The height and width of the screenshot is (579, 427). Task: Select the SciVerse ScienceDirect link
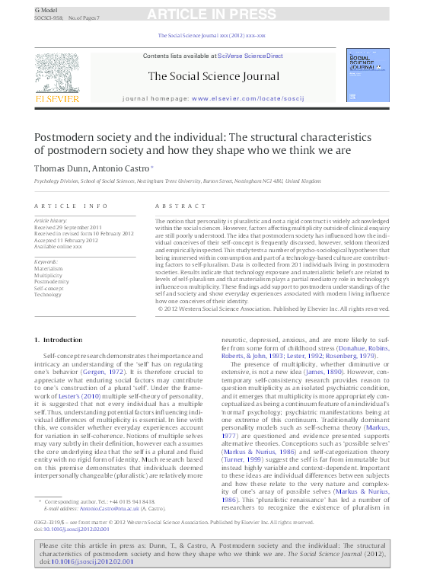point(250,56)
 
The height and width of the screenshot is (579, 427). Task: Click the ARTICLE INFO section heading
point(65,206)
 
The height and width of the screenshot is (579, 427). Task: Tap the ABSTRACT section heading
point(180,206)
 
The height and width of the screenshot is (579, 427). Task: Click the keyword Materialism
point(49,268)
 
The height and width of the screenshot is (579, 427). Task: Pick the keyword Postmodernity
point(52,281)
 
